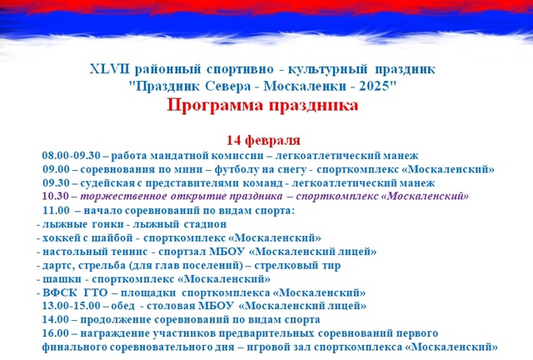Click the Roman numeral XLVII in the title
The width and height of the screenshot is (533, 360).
[109, 69]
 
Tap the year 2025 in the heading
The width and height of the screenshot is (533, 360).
[376, 86]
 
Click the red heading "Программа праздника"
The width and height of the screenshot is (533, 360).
[262, 106]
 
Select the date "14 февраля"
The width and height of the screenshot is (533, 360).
[263, 140]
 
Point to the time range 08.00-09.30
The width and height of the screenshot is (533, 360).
[71, 156]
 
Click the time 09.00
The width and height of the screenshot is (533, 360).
[56, 169]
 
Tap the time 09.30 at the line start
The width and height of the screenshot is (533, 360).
[56, 182]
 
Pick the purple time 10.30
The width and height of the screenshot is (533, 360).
[56, 196]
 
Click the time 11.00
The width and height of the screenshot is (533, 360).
[56, 210]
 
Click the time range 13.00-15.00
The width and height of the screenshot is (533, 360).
[71, 306]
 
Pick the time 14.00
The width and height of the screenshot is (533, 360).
[56, 319]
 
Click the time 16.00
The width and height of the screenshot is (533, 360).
[56, 333]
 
